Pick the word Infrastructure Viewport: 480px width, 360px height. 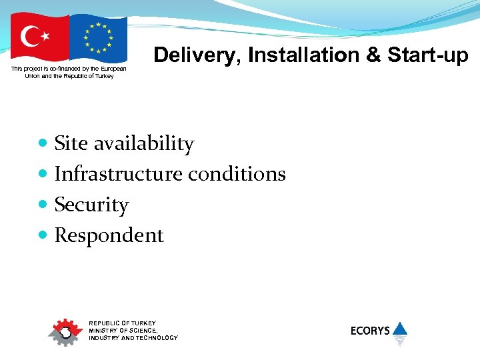pyautogui.click(x=118, y=174)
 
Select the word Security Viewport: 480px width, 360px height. pyautogui.click(x=91, y=205)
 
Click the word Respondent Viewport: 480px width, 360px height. pyautogui.click(x=109, y=235)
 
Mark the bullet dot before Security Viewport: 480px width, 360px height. pyautogui.click(x=43, y=205)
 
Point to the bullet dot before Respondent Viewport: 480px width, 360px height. pyautogui.click(x=43, y=235)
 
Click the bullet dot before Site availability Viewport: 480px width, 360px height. pyautogui.click(x=43, y=143)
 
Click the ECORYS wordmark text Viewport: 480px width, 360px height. pyautogui.click(x=370, y=331)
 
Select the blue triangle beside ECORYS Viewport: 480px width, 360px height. pyautogui.click(x=400, y=329)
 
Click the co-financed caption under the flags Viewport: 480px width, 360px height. pyautogui.click(x=69, y=72)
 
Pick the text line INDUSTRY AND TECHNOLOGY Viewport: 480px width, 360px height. pyautogui.click(x=133, y=338)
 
